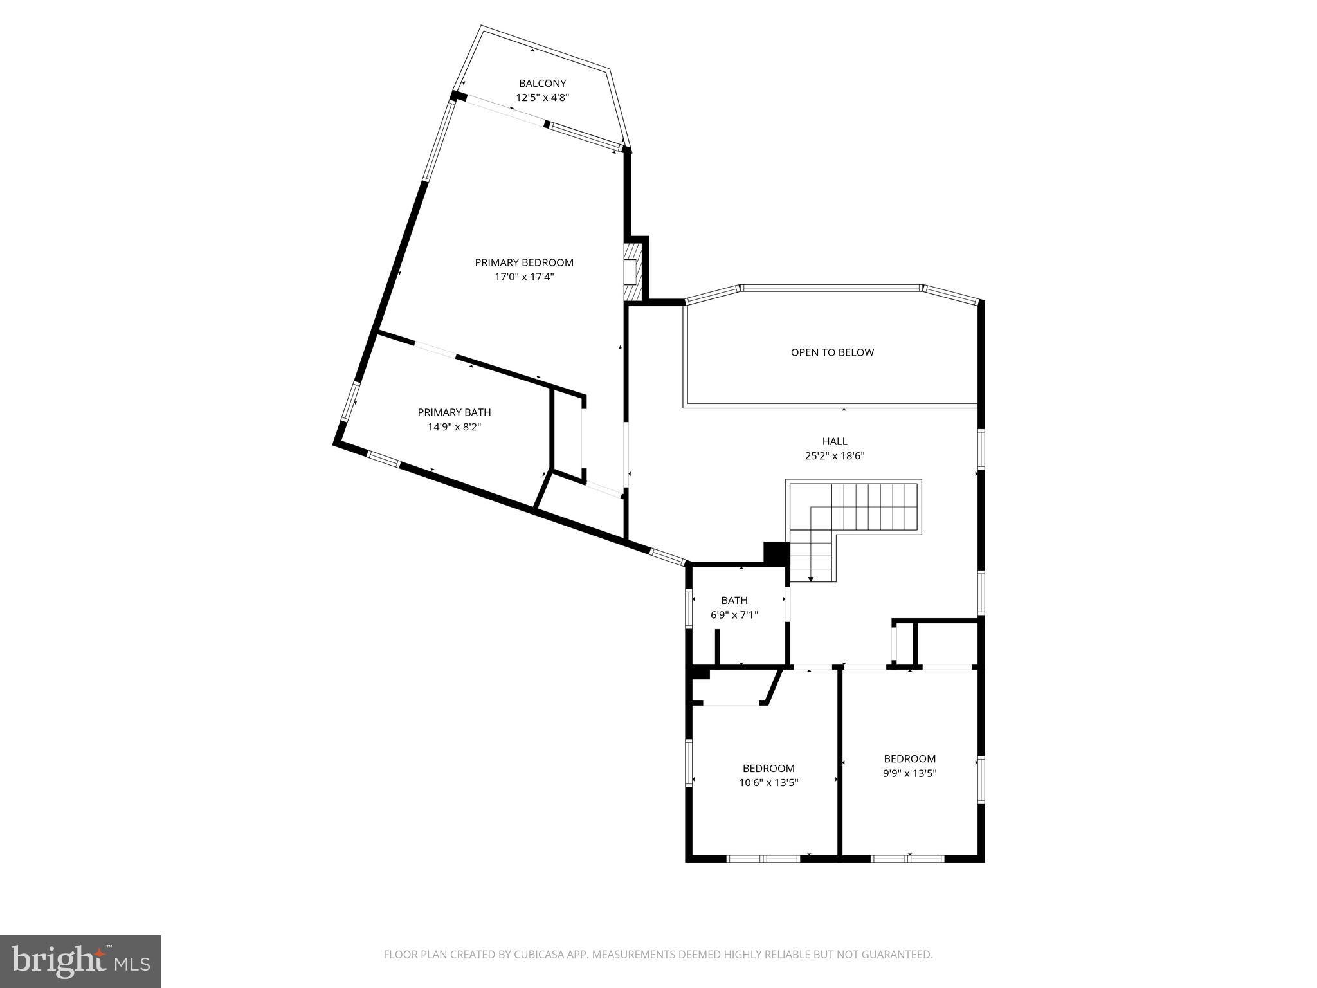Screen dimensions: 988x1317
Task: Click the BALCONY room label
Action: (542, 83)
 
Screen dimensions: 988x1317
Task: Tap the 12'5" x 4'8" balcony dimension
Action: (542, 98)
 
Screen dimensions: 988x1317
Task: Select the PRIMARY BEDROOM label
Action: (523, 262)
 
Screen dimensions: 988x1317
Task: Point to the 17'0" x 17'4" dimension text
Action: (523, 277)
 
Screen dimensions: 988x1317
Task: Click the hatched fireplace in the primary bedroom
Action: (633, 271)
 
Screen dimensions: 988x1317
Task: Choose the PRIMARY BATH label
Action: (454, 412)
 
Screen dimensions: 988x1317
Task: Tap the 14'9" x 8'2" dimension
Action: (454, 427)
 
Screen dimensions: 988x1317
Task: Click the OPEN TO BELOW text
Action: (832, 352)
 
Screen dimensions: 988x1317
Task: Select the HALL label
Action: (835, 441)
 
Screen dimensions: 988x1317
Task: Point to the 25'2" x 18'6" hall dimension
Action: (835, 456)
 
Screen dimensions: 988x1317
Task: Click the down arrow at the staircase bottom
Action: (811, 578)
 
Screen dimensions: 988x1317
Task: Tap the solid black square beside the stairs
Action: (776, 553)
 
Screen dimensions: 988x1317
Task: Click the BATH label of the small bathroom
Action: (734, 600)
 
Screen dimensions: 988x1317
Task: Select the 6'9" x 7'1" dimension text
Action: (734, 615)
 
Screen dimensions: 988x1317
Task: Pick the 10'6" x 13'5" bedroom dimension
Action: (768, 783)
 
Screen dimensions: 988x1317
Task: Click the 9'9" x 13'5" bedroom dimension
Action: (909, 774)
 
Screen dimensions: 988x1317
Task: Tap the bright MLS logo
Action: (80, 961)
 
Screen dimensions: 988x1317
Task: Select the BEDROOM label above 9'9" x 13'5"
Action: (909, 759)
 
